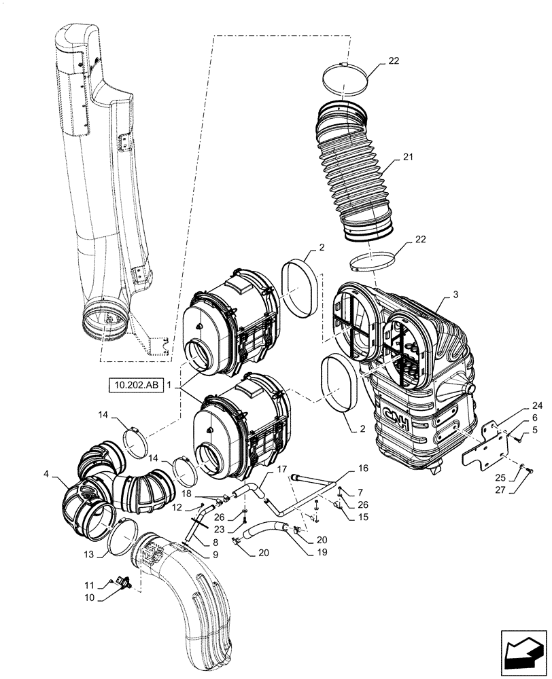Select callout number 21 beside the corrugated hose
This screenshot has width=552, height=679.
[407, 158]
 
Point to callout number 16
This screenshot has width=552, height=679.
[361, 469]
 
